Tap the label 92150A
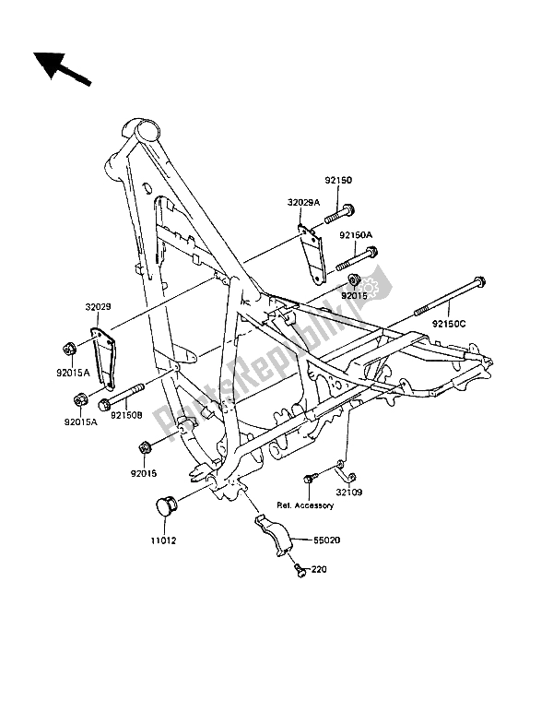tap(355, 234)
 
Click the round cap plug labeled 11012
tap(163, 508)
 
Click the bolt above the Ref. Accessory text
tap(312, 477)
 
